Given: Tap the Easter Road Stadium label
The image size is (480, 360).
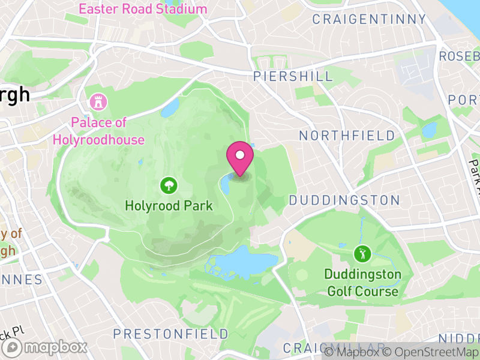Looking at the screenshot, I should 143,9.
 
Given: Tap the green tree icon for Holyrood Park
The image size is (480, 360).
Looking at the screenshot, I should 169,185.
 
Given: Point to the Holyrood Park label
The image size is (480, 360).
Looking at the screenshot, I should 169,206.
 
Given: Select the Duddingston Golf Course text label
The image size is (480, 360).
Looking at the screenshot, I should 362,283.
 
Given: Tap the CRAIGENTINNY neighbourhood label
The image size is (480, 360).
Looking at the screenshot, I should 369,20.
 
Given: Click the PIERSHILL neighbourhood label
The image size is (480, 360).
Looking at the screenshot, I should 293,76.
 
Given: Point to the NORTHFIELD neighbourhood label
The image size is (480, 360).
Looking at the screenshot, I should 347,136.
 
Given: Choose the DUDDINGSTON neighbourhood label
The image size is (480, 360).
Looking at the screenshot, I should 344,200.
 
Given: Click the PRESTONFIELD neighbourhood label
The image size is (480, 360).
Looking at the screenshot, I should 171,334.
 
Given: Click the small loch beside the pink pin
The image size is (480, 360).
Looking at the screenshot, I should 226,184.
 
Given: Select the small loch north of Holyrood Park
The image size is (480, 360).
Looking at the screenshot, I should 169,109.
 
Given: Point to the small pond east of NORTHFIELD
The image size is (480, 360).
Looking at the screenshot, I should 429,130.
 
